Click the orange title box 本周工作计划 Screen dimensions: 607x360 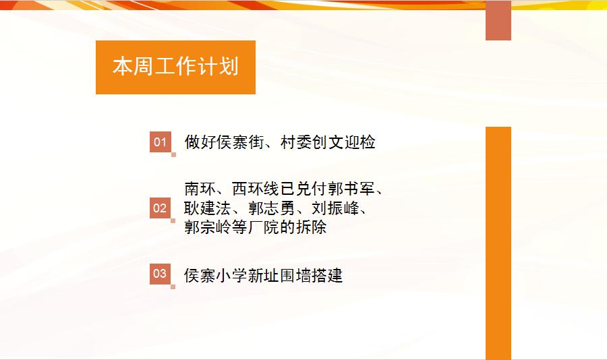click(175, 67)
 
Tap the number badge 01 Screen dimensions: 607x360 click(161, 142)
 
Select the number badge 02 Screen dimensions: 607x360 click(161, 208)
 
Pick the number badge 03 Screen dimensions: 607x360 click(161, 274)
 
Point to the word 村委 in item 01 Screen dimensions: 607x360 click(296, 142)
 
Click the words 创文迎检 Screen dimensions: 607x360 click(343, 142)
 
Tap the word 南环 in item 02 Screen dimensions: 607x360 click(200, 189)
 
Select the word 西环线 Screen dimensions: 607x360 click(256, 189)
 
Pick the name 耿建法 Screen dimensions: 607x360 click(208, 208)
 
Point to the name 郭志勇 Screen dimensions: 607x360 click(271, 208)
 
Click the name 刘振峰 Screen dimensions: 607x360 click(335, 208)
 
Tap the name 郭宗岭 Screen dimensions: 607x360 click(208, 227)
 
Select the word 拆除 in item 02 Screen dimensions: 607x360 click(311, 227)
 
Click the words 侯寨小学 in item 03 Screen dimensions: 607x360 click(216, 276)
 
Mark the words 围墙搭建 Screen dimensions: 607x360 click(311, 276)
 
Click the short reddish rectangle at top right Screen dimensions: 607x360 click(498, 20)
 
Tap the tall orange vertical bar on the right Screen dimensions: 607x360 click(498, 243)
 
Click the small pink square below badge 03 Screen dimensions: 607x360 click(173, 287)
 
